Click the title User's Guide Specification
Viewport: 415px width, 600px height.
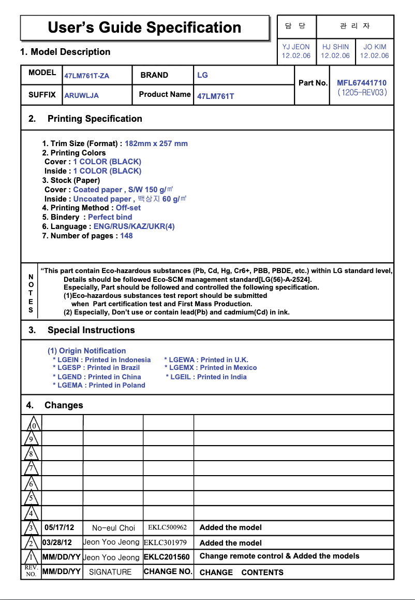coord(144,27)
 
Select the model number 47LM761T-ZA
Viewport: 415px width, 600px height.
coord(87,76)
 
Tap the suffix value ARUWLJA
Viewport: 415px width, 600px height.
coord(81,96)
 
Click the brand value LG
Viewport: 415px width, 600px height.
coord(202,75)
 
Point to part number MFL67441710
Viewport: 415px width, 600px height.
coord(362,83)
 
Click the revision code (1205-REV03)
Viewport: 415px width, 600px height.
coord(362,93)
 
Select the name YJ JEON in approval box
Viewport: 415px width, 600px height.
coord(296,47)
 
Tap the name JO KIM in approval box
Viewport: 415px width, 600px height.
coord(375,47)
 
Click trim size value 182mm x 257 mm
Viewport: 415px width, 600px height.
coord(156,144)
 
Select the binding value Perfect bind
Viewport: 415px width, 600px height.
coord(110,217)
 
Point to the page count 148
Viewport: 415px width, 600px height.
coord(126,236)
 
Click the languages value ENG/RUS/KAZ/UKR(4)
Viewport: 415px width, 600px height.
coord(134,226)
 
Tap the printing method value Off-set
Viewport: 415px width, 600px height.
coord(128,208)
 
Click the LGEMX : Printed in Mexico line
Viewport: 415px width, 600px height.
coord(211,368)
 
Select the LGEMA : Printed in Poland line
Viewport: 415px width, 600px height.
coord(99,385)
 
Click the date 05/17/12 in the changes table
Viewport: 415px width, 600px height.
coord(60,528)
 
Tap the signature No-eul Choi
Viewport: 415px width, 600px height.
coord(113,528)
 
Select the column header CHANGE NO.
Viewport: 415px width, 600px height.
coord(168,572)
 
